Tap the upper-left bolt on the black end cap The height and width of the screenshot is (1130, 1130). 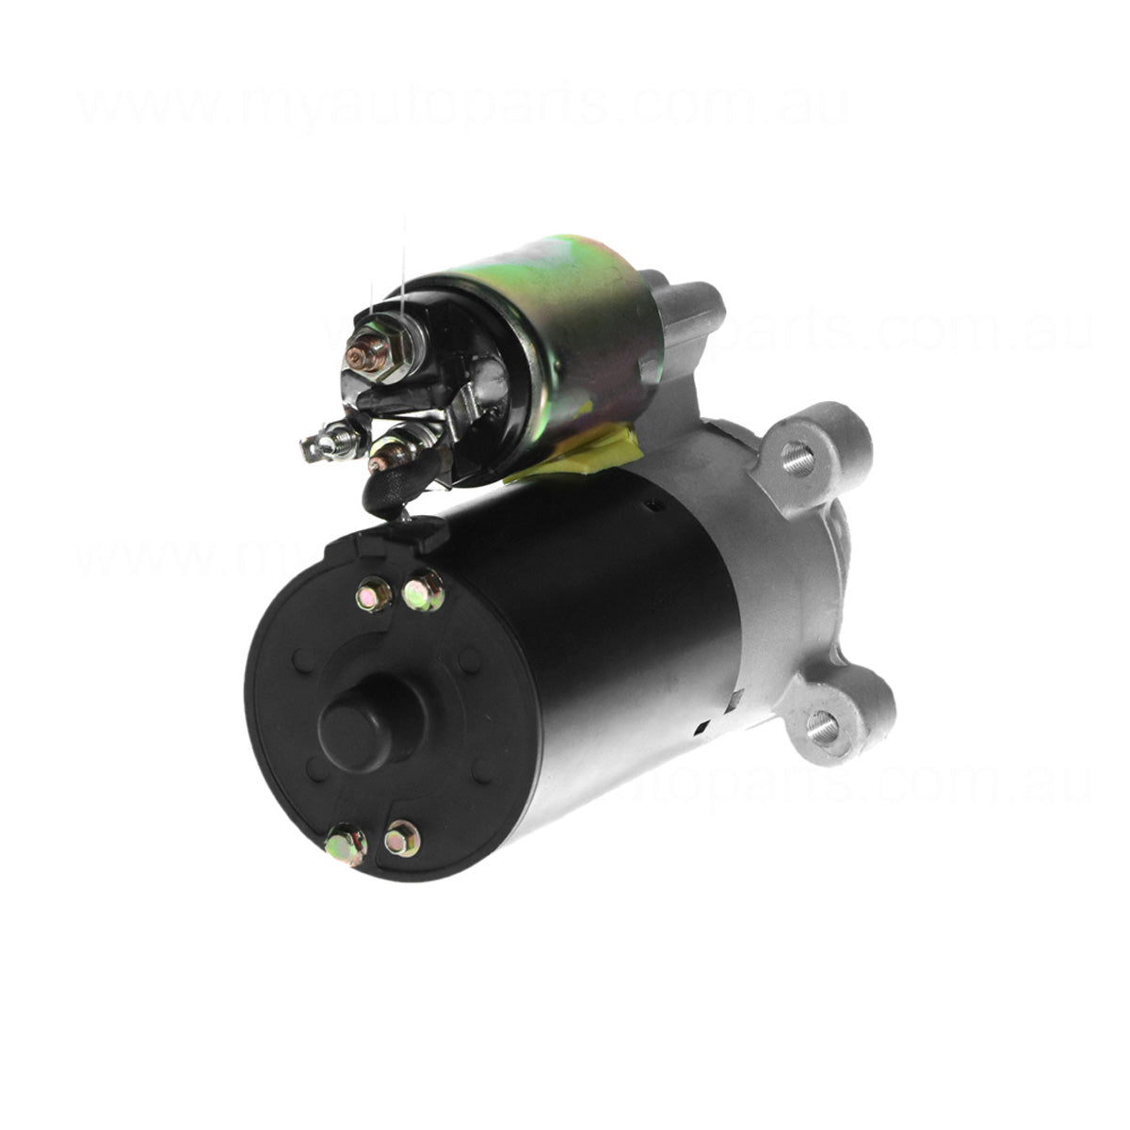[x=374, y=594]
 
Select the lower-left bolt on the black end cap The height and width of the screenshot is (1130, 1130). [x=346, y=845]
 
